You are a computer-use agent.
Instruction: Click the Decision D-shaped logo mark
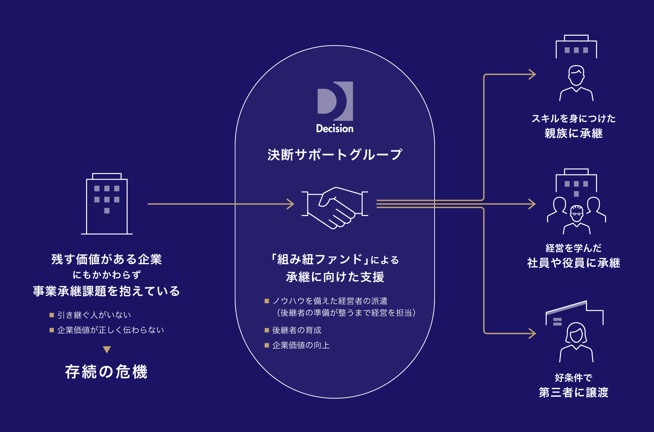coord(335,101)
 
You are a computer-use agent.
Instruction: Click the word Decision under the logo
coord(335,129)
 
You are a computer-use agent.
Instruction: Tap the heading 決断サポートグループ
coord(335,155)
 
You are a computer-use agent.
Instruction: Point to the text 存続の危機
coord(106,372)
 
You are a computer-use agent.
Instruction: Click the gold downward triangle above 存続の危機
coord(107,350)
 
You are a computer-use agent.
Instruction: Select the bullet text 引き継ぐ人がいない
coord(94,315)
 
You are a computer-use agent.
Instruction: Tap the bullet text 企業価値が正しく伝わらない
coord(111,330)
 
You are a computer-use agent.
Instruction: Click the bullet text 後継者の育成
coord(297,330)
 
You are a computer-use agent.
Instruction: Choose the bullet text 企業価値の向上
coord(301,345)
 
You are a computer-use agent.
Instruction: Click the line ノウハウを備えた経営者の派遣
coord(330,301)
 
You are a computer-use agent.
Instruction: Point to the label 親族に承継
coord(574,134)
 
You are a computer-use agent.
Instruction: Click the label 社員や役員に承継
coord(574,263)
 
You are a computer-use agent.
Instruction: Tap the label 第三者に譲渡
coord(574,392)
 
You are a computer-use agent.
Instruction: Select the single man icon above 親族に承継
coord(576,83)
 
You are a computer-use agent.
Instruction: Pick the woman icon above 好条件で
coord(576,342)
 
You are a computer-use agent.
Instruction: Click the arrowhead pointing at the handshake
coord(290,204)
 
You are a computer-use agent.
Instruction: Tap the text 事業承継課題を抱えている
coord(107,291)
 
